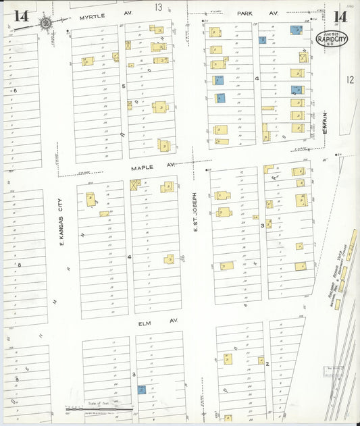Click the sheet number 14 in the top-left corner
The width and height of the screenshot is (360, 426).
click(21, 16)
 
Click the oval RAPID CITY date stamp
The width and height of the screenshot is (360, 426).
click(332, 39)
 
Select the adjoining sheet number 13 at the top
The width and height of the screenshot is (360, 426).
click(159, 7)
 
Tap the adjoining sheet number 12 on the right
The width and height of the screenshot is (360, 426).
click(349, 80)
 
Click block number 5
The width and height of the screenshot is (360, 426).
click(124, 86)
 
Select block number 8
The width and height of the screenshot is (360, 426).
click(19, 265)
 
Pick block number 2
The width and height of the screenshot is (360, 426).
click(267, 364)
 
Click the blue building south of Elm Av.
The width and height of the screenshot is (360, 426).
click(142, 390)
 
